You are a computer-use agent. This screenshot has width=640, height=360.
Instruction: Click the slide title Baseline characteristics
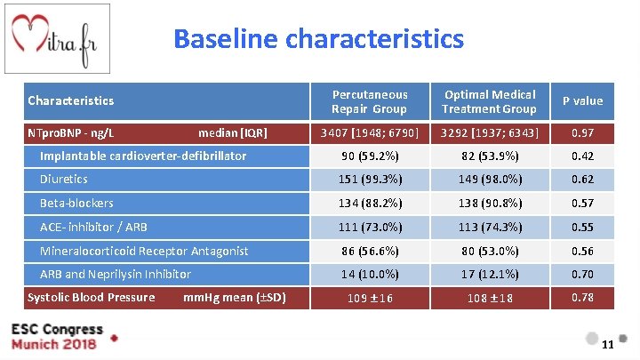tap(318, 40)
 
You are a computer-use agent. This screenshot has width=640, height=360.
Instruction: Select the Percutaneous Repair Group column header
tap(369, 101)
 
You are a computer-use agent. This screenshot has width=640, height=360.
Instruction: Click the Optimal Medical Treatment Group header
tap(489, 101)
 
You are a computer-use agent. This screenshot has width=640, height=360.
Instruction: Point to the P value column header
tap(582, 101)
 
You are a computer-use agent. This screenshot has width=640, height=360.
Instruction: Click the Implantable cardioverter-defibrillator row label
tap(142, 156)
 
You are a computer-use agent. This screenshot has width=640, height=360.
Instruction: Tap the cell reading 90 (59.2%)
tap(369, 157)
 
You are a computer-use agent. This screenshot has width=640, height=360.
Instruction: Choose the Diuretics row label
tap(63, 180)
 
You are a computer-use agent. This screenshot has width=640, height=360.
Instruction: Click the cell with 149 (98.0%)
tap(489, 180)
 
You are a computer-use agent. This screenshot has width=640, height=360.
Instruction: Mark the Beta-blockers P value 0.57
tap(582, 204)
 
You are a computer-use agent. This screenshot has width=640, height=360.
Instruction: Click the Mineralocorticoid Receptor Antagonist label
tap(143, 252)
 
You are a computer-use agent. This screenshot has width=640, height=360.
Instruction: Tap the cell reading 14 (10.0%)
tap(369, 275)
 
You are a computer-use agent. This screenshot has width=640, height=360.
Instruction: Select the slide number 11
tap(608, 345)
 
